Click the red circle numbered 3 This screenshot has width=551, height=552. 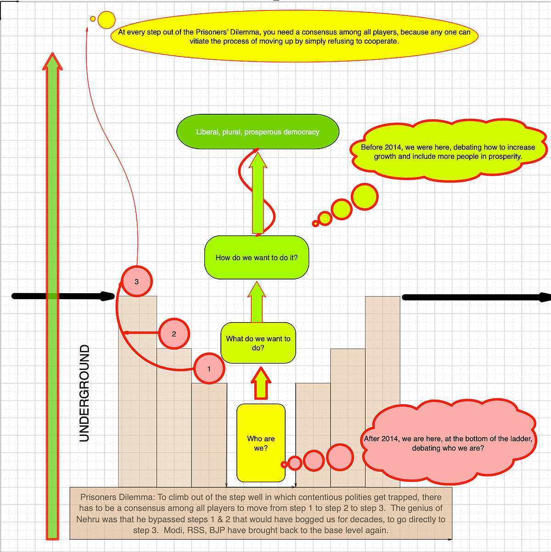click(137, 281)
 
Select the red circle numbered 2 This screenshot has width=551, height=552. click(174, 334)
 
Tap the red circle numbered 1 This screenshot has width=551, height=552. click(209, 368)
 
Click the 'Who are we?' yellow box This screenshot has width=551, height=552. click(261, 443)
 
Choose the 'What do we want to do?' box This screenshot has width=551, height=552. click(258, 343)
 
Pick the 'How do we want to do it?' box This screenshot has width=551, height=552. click(257, 257)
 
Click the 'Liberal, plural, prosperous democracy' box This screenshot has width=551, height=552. click(258, 132)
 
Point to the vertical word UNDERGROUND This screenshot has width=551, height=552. click(84, 393)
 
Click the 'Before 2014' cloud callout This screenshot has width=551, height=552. click(448, 151)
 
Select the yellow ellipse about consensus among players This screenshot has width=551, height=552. click(294, 36)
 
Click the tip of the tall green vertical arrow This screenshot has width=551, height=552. click(52, 53)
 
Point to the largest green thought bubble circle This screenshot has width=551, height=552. click(365, 197)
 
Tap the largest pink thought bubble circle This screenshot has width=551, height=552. click(340, 457)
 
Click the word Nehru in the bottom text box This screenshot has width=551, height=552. click(88, 519)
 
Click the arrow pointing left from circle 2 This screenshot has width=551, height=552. click(141, 333)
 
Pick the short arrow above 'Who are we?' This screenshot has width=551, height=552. click(261, 383)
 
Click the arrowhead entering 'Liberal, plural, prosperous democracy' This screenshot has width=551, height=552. click(258, 160)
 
